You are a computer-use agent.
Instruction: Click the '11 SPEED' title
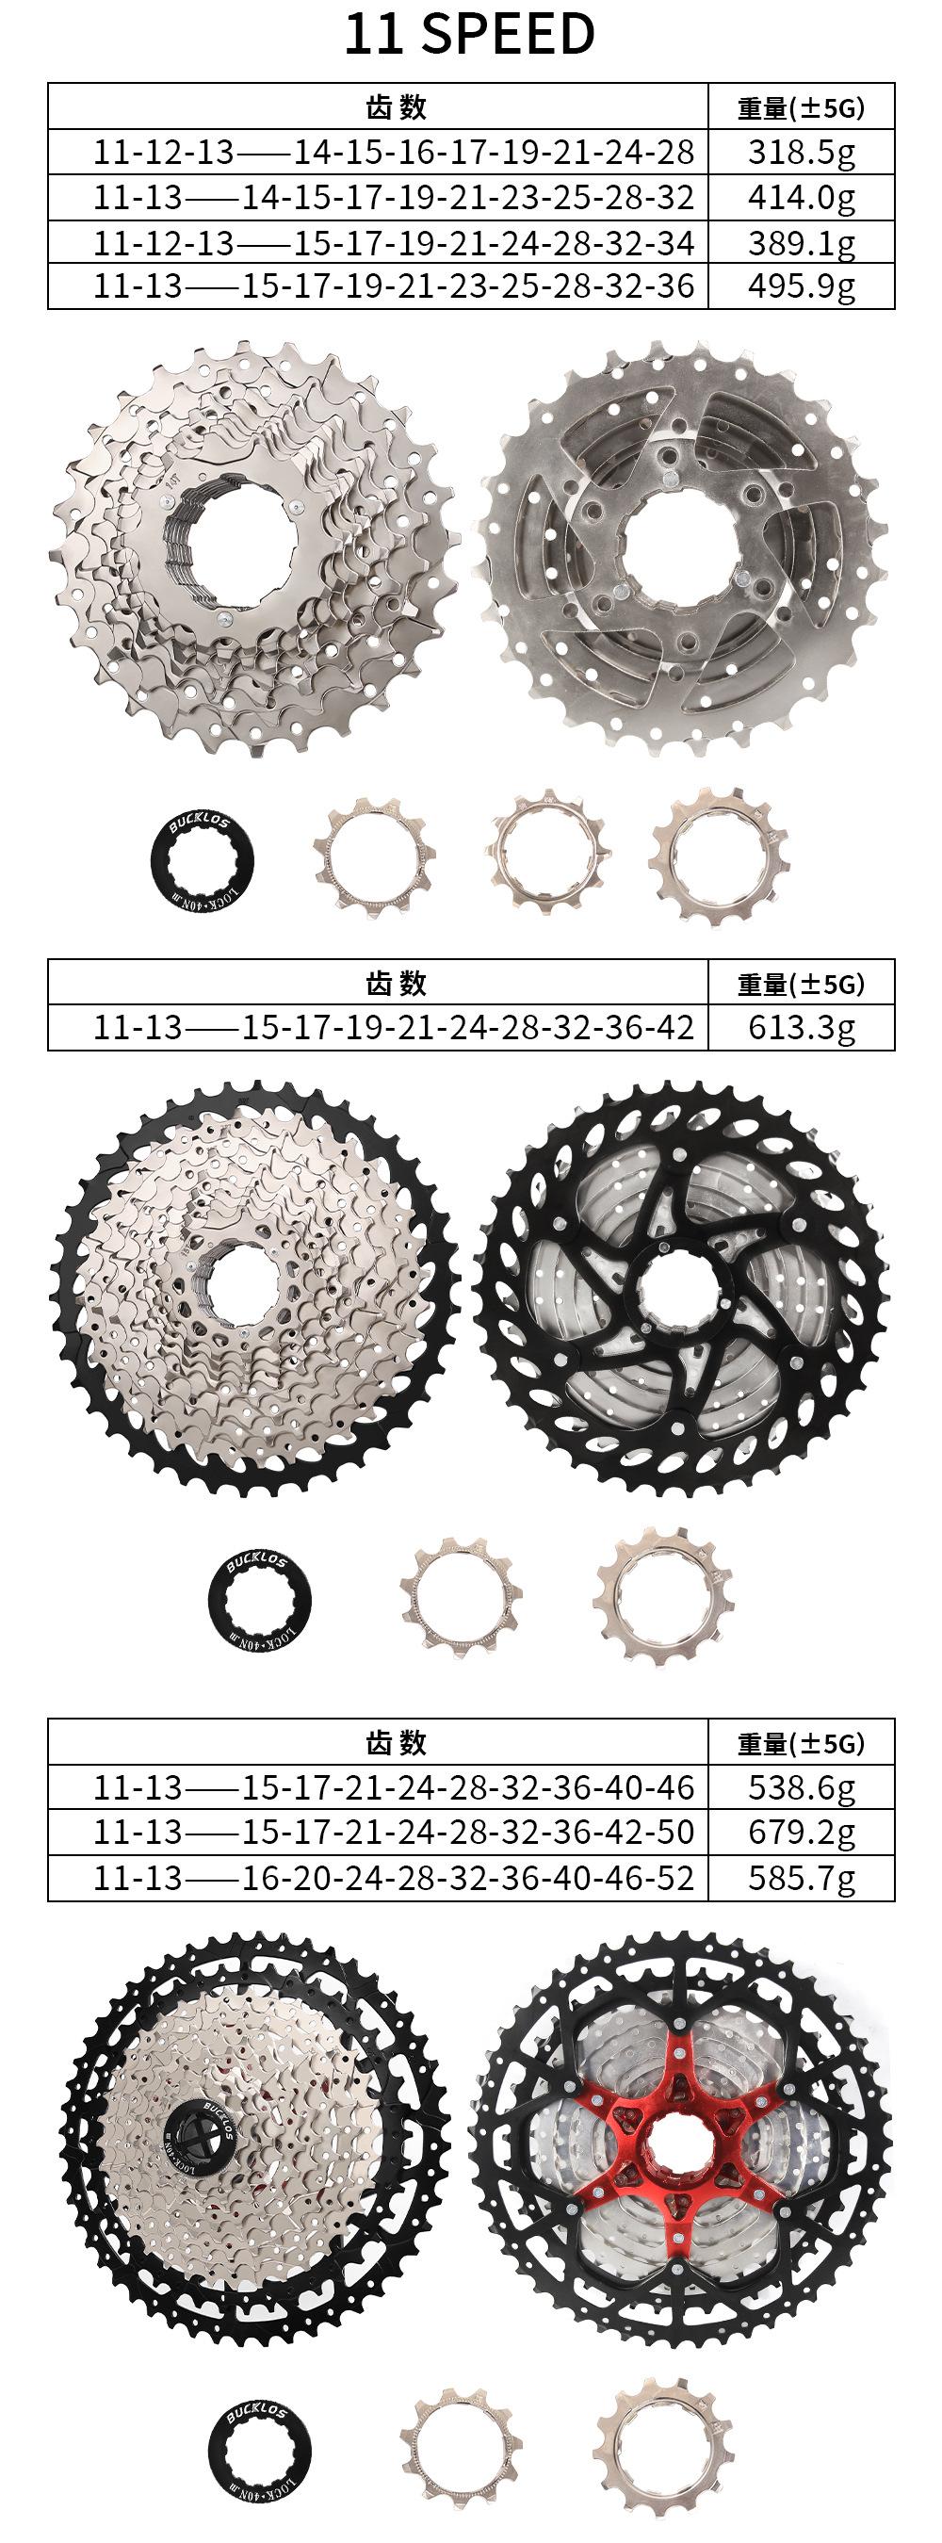pyautogui.click(x=469, y=34)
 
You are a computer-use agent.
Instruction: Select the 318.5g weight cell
pyautogui.click(x=801, y=152)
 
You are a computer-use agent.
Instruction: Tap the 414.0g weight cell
pyautogui.click(x=801, y=197)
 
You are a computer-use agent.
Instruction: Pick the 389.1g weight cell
pyautogui.click(x=801, y=242)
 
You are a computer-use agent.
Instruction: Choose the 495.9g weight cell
pyautogui.click(x=801, y=286)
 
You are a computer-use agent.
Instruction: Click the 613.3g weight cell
pyautogui.click(x=801, y=1028)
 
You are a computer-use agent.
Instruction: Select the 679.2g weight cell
pyautogui.click(x=801, y=1832)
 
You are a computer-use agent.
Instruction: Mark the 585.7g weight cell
pyautogui.click(x=801, y=1877)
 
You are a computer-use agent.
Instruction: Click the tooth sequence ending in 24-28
pyautogui.click(x=394, y=152)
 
